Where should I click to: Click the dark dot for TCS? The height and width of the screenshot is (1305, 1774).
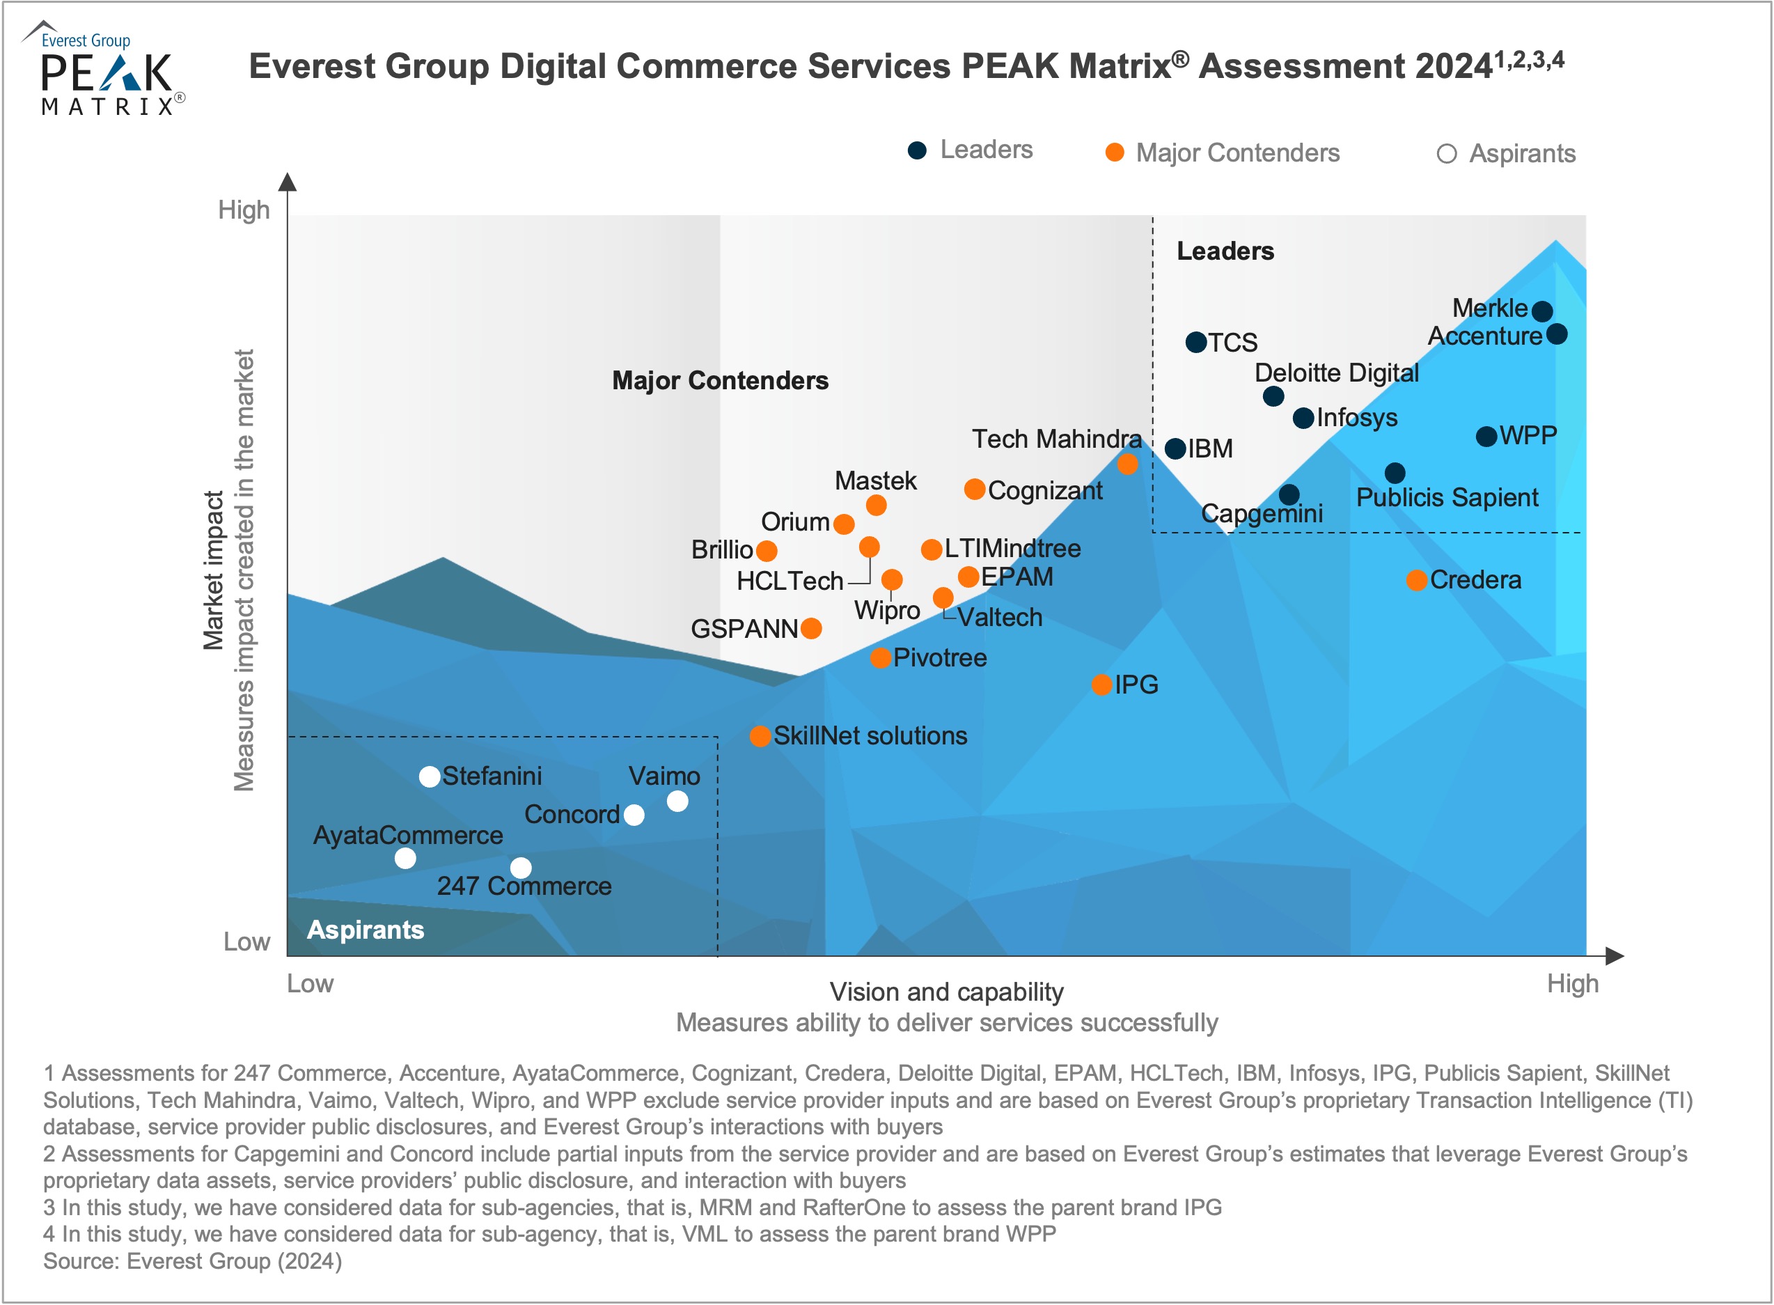tap(1196, 342)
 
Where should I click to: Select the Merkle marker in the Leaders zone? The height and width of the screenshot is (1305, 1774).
tap(1541, 311)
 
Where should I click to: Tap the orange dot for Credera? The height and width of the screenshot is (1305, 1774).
tap(1416, 581)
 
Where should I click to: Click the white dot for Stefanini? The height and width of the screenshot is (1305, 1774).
tap(430, 776)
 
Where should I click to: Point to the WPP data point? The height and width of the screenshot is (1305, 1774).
tap(1486, 436)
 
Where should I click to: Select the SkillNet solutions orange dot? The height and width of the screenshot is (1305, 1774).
tap(760, 736)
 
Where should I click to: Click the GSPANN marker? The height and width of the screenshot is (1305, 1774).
tap(811, 629)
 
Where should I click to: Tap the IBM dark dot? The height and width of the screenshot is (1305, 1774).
tap(1175, 448)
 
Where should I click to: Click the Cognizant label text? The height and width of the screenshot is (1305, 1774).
tap(1045, 490)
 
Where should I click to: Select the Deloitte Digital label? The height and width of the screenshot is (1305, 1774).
tap(1337, 373)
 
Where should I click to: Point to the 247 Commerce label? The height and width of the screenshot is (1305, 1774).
tap(524, 886)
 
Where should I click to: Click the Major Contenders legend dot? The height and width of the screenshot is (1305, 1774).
tap(1115, 153)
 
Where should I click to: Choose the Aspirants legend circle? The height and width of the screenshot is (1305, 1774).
tap(1446, 154)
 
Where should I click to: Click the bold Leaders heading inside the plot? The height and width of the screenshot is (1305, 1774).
tap(1225, 251)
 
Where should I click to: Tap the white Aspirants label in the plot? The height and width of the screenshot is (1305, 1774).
tap(366, 930)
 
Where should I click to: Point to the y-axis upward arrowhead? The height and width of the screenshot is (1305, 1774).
tap(288, 182)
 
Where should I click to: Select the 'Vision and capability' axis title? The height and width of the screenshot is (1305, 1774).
tap(946, 992)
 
